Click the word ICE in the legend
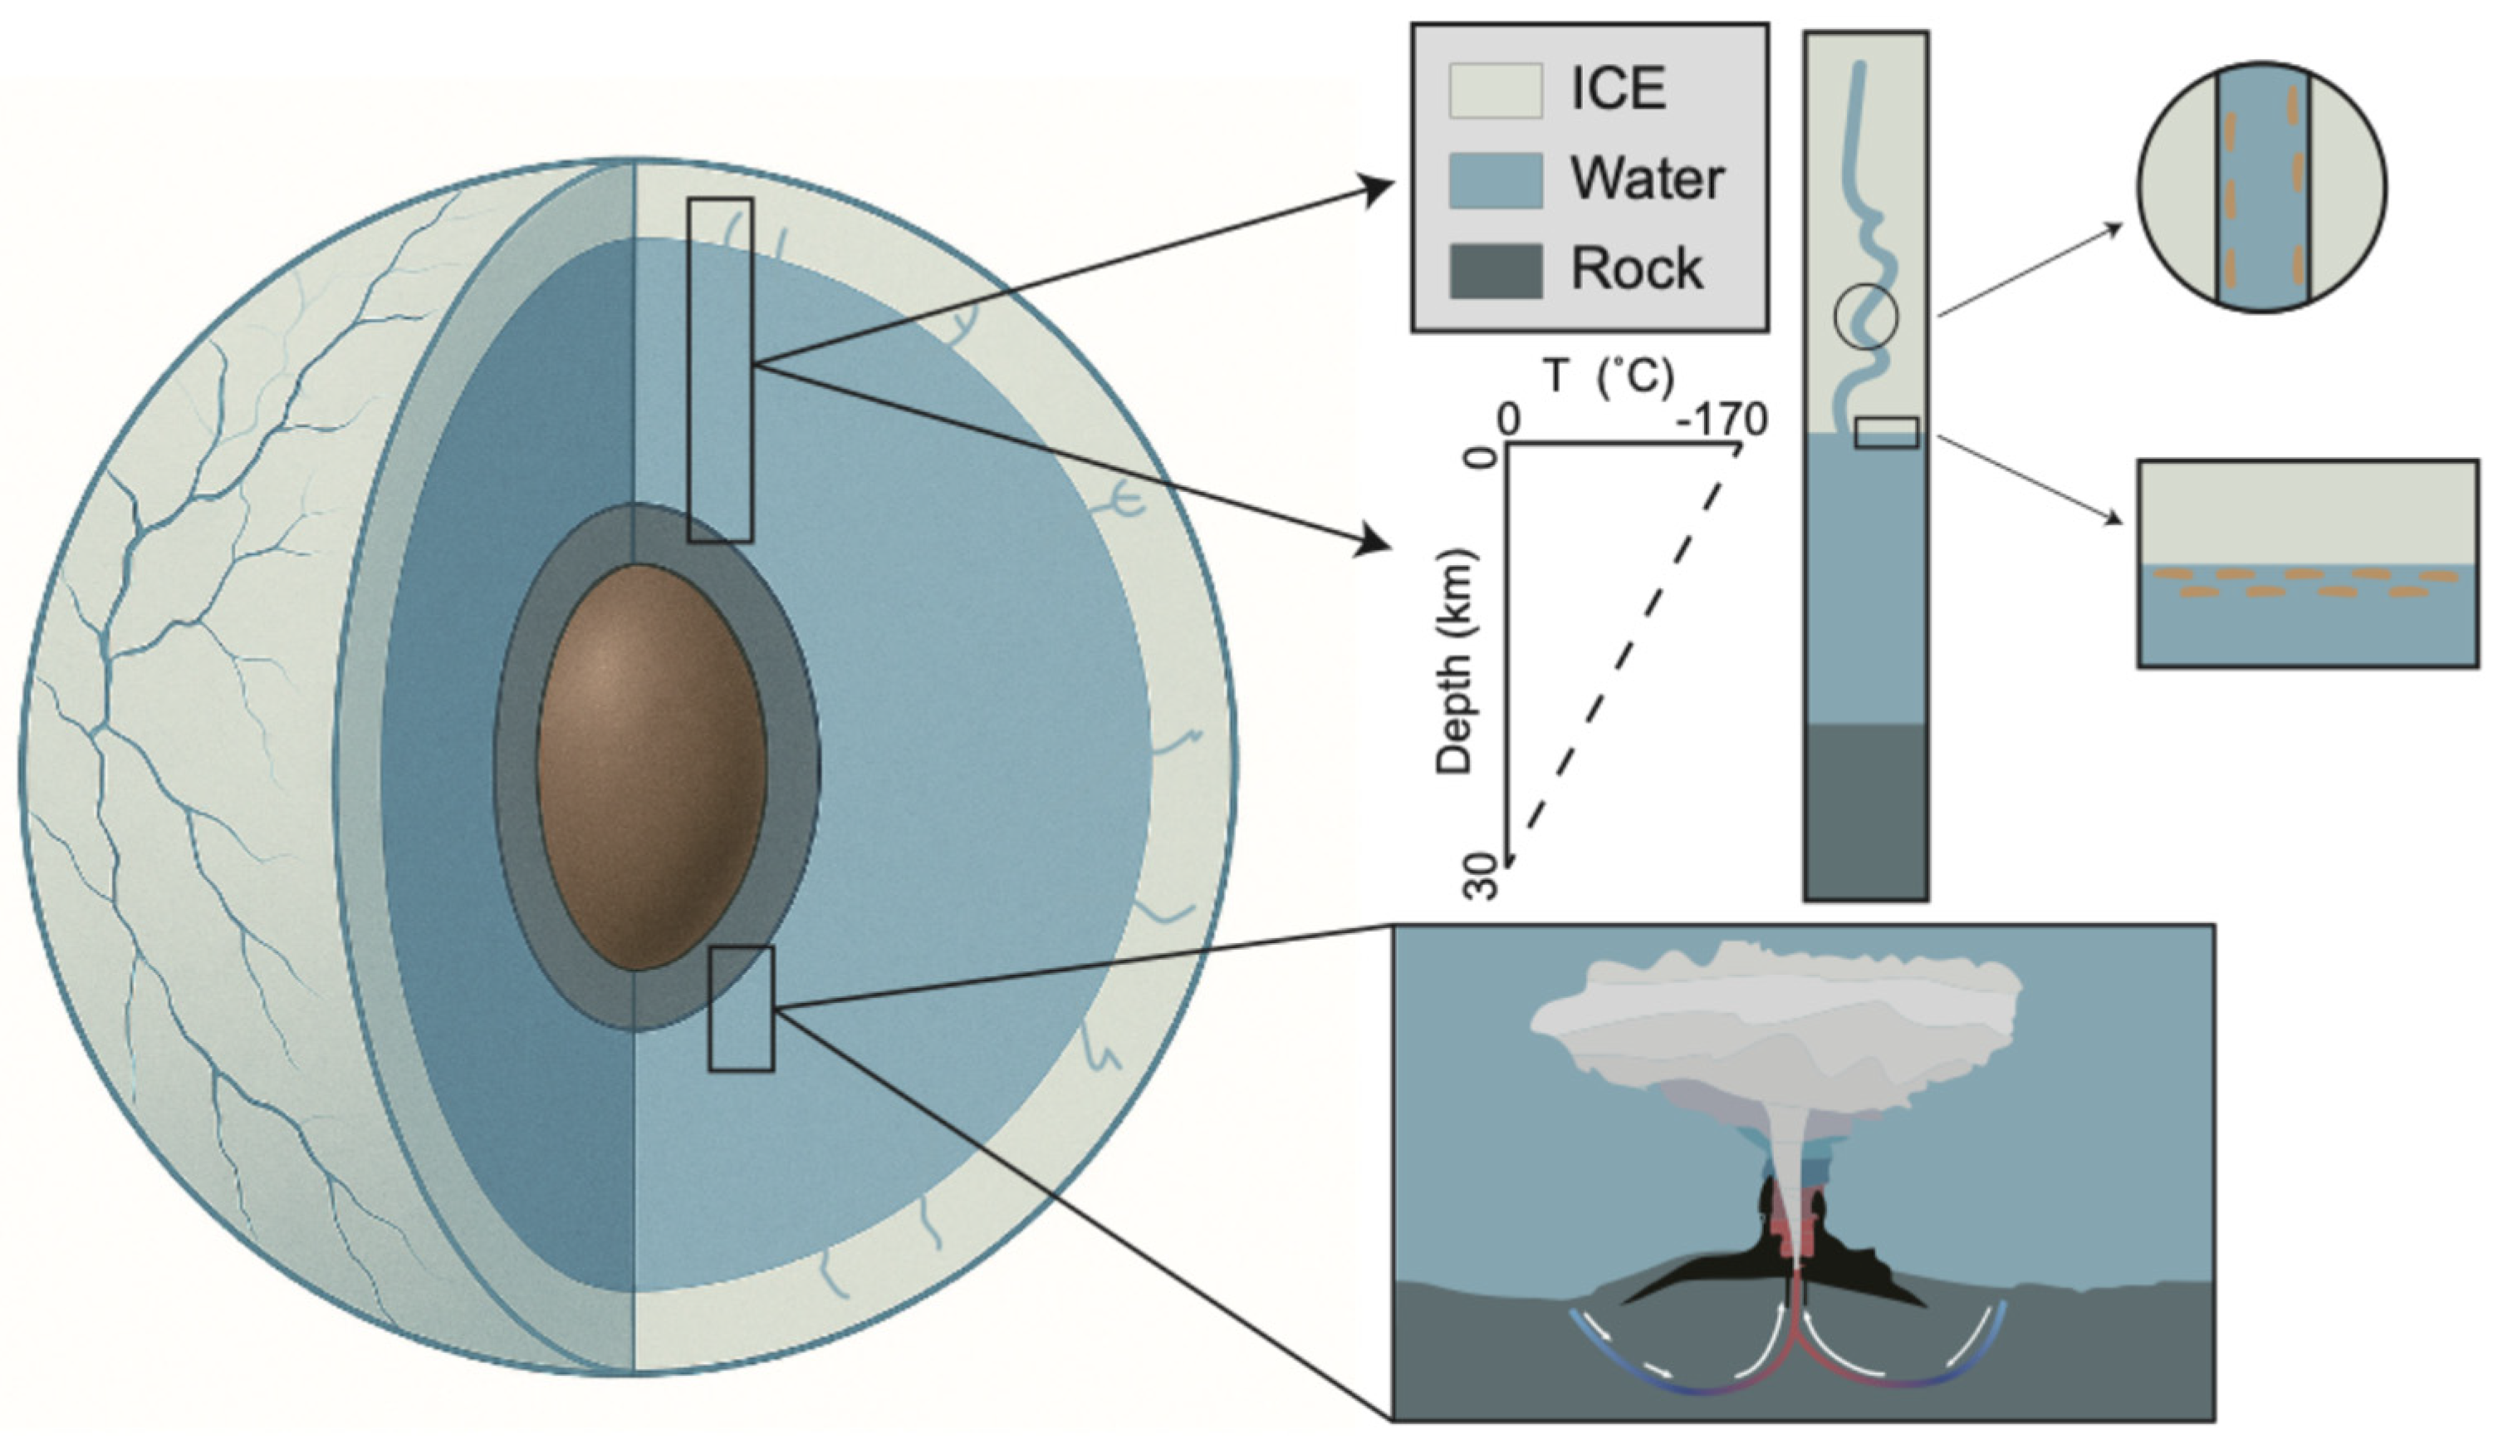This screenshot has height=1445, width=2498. coord(1617,89)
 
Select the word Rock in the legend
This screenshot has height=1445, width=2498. coord(1637,268)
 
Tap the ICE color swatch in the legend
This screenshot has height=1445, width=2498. coord(1496,91)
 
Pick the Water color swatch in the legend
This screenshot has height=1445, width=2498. coord(1496,179)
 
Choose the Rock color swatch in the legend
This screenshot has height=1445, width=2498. coord(1496,270)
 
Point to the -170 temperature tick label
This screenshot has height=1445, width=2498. coord(1722,421)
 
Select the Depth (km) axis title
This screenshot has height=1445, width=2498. coord(1455,661)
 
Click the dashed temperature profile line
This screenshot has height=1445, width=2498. coord(1626,655)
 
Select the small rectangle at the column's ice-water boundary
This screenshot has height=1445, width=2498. coord(1885,432)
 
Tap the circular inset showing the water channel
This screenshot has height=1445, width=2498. coord(2262,188)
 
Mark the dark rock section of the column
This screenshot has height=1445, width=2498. coord(1865,811)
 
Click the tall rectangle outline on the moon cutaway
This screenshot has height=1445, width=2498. coord(721,369)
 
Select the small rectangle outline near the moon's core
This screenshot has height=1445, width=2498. coord(742,1009)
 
